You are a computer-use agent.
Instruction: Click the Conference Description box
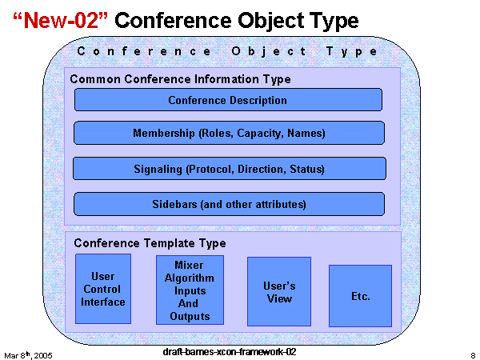tap(228, 100)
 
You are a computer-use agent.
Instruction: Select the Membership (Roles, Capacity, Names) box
tap(229, 133)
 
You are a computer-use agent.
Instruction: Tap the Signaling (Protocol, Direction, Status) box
tap(229, 169)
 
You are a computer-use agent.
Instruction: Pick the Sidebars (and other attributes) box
tap(229, 204)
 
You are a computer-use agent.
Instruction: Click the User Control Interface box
tap(103, 289)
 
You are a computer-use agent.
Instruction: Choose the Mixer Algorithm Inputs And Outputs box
tap(190, 290)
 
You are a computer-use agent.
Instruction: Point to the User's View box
tap(278, 291)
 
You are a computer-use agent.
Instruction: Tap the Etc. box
tap(360, 296)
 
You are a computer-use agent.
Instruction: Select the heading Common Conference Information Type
tap(181, 79)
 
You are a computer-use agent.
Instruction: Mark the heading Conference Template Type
tap(150, 243)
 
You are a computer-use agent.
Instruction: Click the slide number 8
tap(473, 354)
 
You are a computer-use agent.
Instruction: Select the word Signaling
tap(158, 169)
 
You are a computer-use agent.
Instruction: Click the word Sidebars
tap(174, 204)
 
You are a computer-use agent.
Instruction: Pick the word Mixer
tap(190, 265)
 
